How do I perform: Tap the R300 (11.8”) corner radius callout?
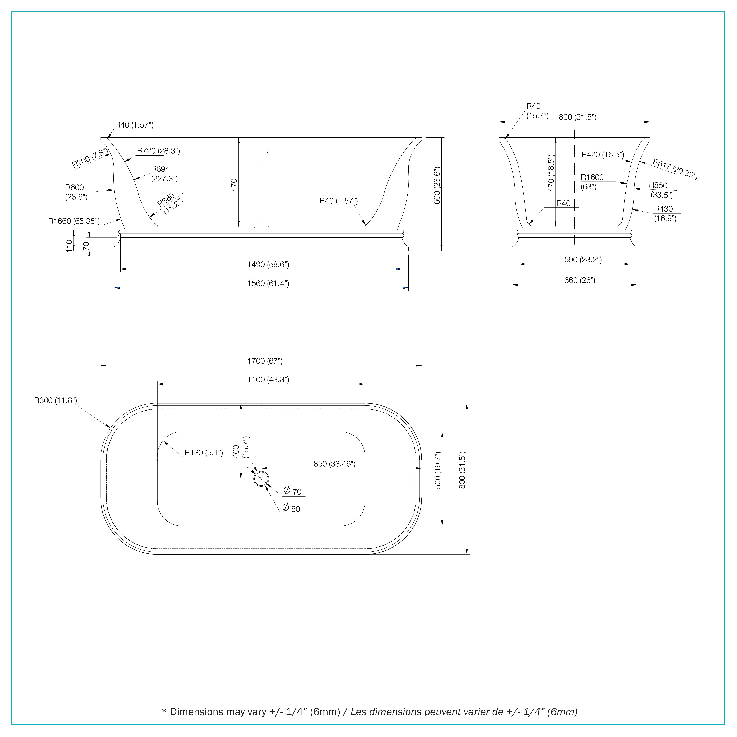coord(56,400)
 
